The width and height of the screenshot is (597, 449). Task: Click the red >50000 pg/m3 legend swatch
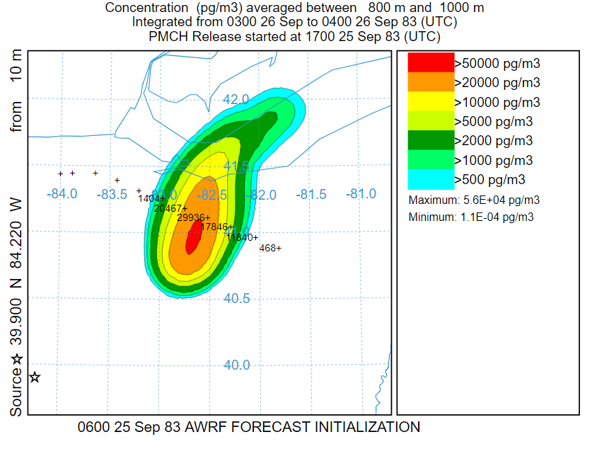tap(431, 62)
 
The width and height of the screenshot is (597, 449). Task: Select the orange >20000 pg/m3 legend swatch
tap(431, 82)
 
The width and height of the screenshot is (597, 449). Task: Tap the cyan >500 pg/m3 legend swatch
tap(431, 179)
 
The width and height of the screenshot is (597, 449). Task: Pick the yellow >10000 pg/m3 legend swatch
tap(431, 101)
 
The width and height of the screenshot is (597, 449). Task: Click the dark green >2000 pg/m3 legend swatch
tap(431, 140)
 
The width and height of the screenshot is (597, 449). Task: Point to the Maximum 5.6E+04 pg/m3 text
tap(474, 200)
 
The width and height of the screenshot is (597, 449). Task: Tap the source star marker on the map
tap(34, 377)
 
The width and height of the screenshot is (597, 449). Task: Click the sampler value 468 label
tap(269, 248)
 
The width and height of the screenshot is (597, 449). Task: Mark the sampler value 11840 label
tap(241, 237)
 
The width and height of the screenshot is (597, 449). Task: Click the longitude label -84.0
tap(62, 193)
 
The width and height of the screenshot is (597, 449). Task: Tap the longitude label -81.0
tap(361, 193)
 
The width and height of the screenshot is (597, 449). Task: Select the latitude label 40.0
tap(236, 365)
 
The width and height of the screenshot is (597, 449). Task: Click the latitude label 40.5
tap(236, 299)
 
